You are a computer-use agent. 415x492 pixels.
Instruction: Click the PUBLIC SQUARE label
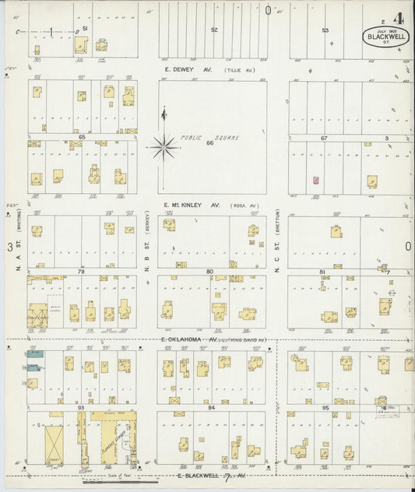[209, 138]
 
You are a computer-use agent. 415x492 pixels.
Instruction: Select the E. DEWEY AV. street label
[187, 69]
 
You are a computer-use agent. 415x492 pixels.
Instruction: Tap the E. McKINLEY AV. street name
[192, 206]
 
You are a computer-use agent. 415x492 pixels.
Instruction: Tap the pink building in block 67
[316, 180]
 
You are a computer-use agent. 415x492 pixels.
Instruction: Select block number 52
[214, 30]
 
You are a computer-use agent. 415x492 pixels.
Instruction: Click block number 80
[209, 271]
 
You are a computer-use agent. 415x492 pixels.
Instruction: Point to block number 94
[210, 406]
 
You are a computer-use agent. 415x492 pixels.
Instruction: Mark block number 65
[81, 136]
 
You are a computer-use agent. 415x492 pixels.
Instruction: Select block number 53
[325, 30]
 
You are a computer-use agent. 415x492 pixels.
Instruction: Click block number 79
[80, 271]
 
